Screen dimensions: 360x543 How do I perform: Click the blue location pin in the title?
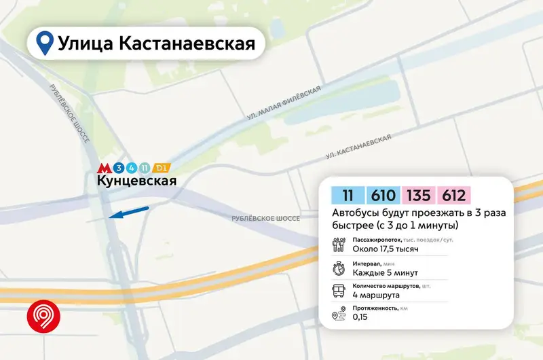(45, 43)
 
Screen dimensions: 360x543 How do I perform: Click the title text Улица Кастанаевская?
(156, 44)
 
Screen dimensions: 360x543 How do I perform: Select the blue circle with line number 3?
(118, 167)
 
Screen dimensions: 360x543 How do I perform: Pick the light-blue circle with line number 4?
(130, 167)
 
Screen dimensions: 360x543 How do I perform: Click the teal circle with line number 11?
(143, 167)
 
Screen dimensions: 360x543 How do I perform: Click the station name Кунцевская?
(136, 181)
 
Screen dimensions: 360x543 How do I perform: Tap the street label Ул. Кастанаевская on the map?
(358, 147)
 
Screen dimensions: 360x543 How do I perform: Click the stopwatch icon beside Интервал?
(338, 268)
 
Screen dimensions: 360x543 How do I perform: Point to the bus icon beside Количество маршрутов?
(338, 292)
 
